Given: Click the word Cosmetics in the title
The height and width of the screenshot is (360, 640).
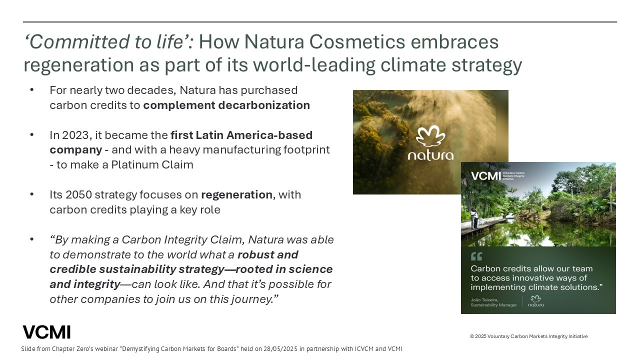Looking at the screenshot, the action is coord(357,41).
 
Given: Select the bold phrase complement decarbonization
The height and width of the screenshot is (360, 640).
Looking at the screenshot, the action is coord(226,105).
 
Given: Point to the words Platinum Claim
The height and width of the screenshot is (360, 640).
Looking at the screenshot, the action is coord(152,165).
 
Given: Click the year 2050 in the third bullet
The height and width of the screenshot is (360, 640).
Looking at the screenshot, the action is coord(78,195).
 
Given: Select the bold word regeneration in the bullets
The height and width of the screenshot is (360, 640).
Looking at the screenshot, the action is coord(237,195).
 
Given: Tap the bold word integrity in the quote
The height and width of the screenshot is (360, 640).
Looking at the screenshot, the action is coord(96,284).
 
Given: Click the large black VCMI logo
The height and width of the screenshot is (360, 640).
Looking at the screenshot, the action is coord(46,332).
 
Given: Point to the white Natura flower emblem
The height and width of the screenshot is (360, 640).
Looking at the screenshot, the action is coord(430,136).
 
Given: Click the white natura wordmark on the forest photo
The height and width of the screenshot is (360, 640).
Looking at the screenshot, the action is coord(430,155).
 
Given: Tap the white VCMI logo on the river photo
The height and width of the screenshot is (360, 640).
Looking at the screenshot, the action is coord(485,176).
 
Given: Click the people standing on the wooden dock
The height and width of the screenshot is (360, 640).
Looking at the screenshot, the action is coord(474,218).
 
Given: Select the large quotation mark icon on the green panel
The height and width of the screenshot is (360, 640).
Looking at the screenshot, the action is coord(476,256).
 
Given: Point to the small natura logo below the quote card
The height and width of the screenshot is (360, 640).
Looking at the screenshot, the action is coord(535,301).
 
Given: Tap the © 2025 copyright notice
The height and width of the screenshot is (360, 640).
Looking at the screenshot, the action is coord(529,336).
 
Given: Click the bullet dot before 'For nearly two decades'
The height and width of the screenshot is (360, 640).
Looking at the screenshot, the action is coord(31,90).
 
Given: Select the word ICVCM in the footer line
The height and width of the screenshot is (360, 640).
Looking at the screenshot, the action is coord(364,349).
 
